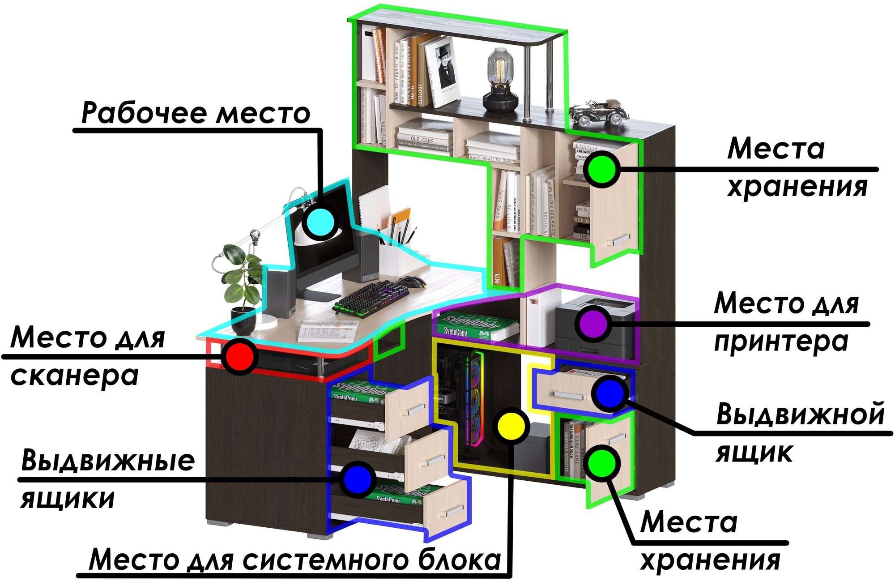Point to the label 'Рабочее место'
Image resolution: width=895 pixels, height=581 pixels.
pyautogui.click(x=196, y=113)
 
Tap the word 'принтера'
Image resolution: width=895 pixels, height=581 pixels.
pyautogui.click(x=781, y=342)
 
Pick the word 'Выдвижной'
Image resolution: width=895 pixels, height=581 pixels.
pyautogui.click(x=800, y=414)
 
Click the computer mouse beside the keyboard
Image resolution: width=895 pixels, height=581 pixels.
pyautogui.click(x=413, y=282)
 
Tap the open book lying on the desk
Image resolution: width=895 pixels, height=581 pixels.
pyautogui.click(x=328, y=331)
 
